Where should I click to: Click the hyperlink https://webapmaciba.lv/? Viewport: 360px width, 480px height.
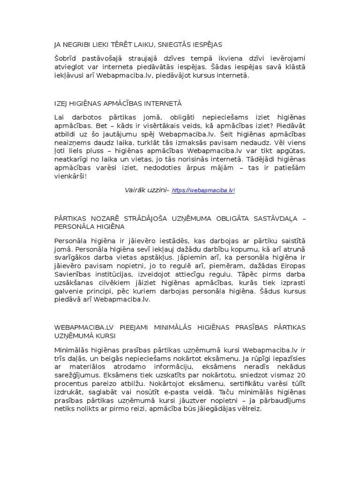click(x=203, y=190)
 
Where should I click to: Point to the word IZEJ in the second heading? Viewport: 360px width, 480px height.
click(x=62, y=103)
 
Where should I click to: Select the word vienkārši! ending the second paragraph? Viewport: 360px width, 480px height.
click(x=71, y=176)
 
